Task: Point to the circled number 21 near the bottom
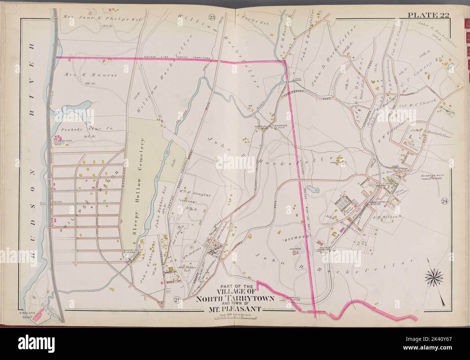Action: click(177, 299)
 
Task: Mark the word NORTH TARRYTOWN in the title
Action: click(235, 299)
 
